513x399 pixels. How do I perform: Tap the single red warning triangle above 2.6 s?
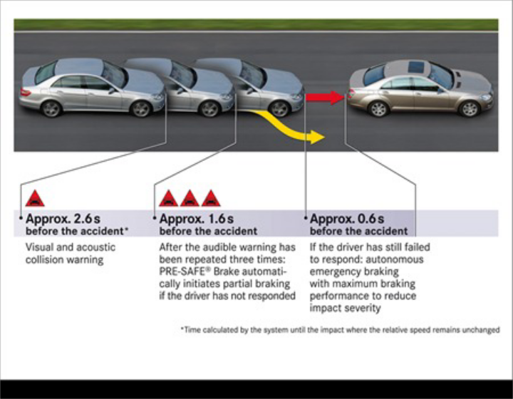click(x=35, y=199)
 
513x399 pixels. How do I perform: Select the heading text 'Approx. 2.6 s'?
click(x=59, y=219)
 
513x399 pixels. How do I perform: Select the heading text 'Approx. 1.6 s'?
click(x=196, y=219)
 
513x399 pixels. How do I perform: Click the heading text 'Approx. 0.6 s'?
click(x=347, y=219)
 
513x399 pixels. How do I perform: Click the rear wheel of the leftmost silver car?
click(x=51, y=108)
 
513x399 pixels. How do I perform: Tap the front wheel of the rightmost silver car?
click(x=279, y=109)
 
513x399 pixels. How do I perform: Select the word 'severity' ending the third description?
click(x=363, y=308)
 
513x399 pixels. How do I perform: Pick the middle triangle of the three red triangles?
click(x=190, y=199)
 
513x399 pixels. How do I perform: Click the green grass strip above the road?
click(x=256, y=25)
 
